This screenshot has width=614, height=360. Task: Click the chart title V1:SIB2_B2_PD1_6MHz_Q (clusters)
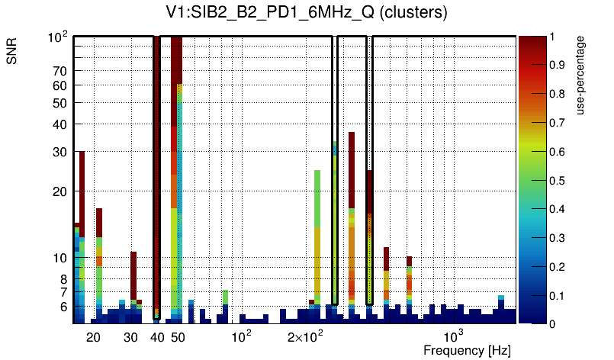click(x=306, y=13)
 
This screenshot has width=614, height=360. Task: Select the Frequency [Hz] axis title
click(x=467, y=350)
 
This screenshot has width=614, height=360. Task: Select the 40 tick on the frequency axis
click(x=157, y=337)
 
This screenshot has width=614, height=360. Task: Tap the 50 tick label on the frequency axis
click(x=178, y=337)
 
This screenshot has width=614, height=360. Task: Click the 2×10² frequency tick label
click(x=305, y=336)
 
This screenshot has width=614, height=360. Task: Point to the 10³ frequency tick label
click(x=454, y=336)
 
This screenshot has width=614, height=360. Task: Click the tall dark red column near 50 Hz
click(x=175, y=114)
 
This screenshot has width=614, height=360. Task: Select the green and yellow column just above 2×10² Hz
click(x=317, y=229)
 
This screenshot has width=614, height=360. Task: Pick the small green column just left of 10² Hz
click(x=226, y=297)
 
